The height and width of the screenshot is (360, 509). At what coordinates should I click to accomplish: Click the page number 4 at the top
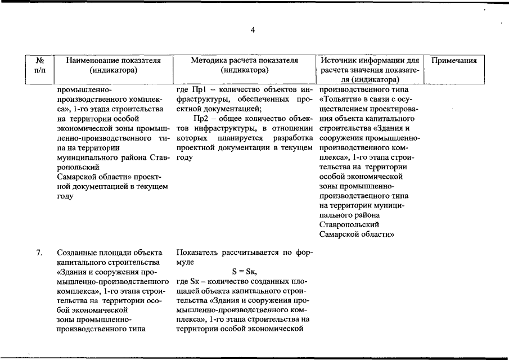[253, 30]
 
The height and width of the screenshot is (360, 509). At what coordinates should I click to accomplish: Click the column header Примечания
[453, 61]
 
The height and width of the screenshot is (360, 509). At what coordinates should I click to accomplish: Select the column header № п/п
[40, 65]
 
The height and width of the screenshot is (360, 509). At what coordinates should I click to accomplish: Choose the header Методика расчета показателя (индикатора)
[244, 65]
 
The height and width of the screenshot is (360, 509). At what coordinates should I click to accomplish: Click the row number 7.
[39, 253]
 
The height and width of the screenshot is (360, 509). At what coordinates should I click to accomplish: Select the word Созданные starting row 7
[76, 253]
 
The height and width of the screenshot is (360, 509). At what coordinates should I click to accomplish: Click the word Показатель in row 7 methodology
[197, 253]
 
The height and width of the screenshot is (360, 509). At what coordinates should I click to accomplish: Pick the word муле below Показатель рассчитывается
[186, 262]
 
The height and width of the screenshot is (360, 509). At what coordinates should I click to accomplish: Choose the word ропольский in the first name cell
[78, 167]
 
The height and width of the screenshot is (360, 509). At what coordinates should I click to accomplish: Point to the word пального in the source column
[337, 215]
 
